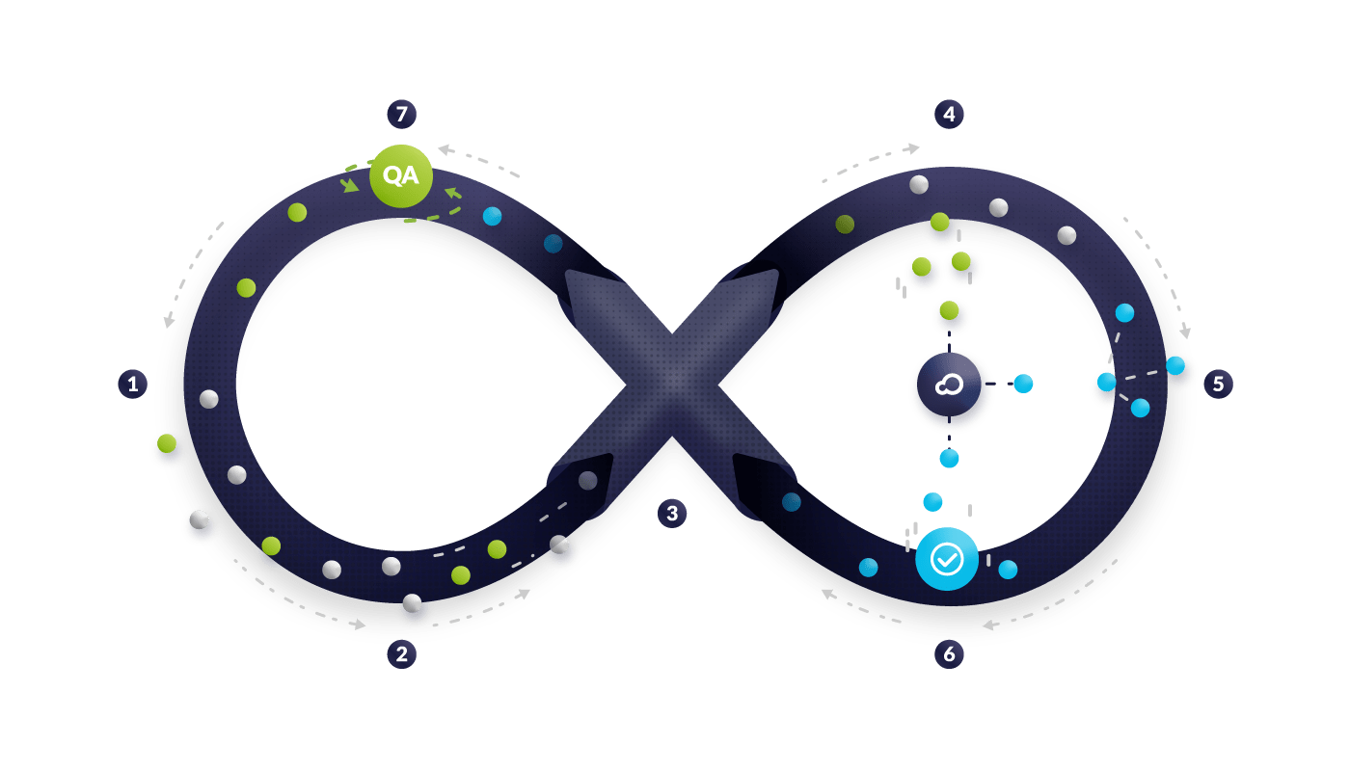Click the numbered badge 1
point(132,385)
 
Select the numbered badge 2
point(401,654)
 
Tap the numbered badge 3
point(672,514)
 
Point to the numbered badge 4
point(949,114)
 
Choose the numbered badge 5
point(1218,384)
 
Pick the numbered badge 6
point(949,654)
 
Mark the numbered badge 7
point(401,114)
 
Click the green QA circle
point(400,176)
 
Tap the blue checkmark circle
point(946,558)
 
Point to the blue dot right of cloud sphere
point(1023,384)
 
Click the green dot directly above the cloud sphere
point(949,310)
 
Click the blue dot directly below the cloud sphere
point(949,459)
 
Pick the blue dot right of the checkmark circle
point(1008,570)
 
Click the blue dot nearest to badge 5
point(1174,366)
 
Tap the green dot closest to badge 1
point(167,443)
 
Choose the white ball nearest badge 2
point(412,603)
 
